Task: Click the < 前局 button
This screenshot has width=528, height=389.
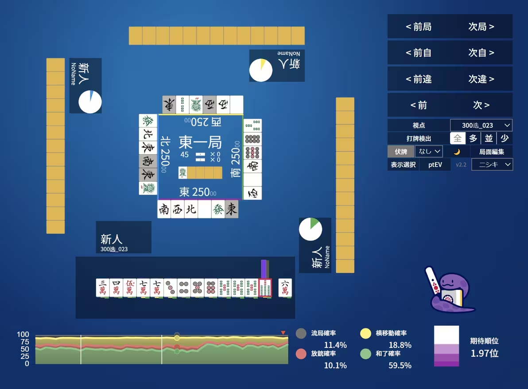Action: (418, 27)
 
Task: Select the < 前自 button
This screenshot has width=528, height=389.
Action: (418, 53)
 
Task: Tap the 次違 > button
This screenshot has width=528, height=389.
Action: (481, 79)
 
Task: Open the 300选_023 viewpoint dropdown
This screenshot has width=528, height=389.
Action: (481, 126)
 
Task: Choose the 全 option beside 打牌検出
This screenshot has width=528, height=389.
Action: (458, 138)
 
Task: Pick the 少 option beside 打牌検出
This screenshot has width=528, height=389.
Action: (505, 138)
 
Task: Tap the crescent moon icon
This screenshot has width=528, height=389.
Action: (457, 152)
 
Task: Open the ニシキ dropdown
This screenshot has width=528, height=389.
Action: (492, 165)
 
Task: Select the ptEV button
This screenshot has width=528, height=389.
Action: (435, 165)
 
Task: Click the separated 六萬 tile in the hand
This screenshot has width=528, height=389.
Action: (285, 288)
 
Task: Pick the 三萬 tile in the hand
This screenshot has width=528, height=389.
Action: (103, 288)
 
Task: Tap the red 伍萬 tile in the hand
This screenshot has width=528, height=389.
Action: (130, 288)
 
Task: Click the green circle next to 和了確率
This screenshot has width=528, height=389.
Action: (365, 354)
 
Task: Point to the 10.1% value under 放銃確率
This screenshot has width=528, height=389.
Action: (335, 365)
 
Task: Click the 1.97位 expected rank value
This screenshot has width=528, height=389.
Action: (484, 353)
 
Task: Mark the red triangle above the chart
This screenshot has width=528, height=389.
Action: (283, 332)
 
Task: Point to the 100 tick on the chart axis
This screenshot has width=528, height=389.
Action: (23, 335)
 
